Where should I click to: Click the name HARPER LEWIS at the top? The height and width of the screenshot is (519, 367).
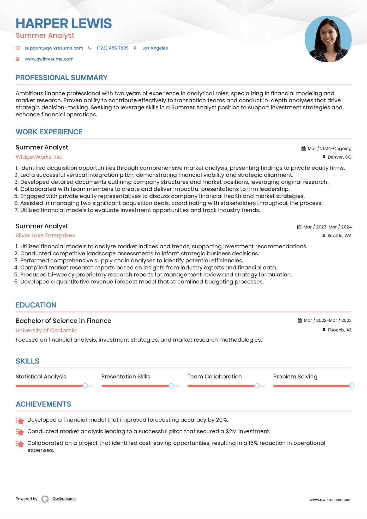click(64, 23)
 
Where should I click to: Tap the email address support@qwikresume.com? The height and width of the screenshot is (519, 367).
click(54, 48)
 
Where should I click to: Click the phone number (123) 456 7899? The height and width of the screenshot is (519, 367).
click(113, 48)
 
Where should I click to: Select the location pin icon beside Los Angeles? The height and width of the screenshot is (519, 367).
click(135, 48)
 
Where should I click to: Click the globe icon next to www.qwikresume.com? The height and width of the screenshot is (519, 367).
click(17, 59)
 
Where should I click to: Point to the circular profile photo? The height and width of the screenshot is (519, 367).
click(328, 39)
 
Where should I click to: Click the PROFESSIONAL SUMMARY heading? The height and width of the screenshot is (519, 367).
click(62, 78)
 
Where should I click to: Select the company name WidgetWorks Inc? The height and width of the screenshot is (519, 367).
click(39, 157)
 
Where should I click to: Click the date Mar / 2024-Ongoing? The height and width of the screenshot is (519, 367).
click(329, 148)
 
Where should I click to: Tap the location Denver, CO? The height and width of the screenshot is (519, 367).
click(339, 157)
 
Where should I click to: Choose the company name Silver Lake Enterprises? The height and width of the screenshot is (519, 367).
click(45, 236)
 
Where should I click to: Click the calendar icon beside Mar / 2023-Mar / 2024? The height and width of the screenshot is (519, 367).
click(299, 227)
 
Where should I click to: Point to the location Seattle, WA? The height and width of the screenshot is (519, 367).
click(339, 236)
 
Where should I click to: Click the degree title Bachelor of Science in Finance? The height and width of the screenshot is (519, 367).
click(63, 321)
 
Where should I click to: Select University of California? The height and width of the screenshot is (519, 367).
click(46, 330)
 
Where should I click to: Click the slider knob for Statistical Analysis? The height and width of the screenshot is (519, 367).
click(85, 386)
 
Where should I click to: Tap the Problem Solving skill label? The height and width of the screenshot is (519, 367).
click(295, 377)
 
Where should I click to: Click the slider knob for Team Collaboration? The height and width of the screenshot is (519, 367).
click(257, 386)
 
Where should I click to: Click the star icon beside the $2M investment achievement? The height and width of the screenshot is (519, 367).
click(20, 432)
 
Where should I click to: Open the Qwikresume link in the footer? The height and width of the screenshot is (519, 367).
click(64, 499)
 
